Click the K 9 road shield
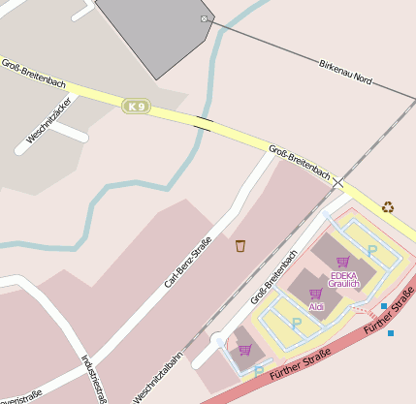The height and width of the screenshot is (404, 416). (x=136, y=105)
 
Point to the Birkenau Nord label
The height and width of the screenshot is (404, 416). (x=345, y=71)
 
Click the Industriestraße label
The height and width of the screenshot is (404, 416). (x=94, y=377)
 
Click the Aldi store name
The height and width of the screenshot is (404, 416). (x=316, y=306)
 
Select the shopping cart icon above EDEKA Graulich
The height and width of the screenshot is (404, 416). (x=342, y=261)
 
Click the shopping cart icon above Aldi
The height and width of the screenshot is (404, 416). (x=315, y=293)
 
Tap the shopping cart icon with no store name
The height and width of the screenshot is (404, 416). (x=244, y=350)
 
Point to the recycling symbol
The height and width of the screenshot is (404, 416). (x=388, y=206)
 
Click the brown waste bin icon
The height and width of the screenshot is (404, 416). (x=240, y=245)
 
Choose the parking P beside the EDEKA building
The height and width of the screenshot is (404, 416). (x=371, y=251)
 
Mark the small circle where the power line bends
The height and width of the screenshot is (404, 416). (x=204, y=19)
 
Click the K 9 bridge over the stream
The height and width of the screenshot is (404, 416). (x=203, y=123)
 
